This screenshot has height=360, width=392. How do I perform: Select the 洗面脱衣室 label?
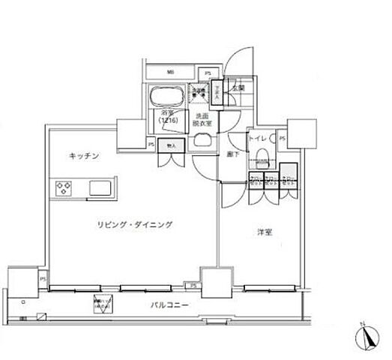[x=201, y=120]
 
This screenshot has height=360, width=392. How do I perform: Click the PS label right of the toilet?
[x=282, y=139]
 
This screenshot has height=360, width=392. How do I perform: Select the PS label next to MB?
[x=208, y=73]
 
